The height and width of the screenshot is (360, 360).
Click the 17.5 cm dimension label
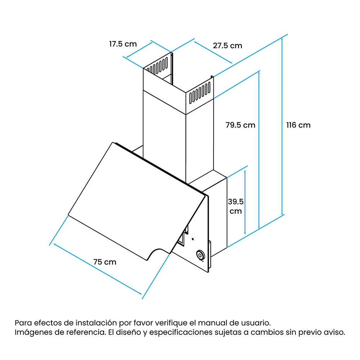pyautogui.click(x=123, y=44)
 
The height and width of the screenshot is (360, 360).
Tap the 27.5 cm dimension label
pyautogui.click(x=228, y=46)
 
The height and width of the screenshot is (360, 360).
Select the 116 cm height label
pyautogui.click(x=298, y=125)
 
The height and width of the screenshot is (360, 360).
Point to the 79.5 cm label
pyautogui.click(x=240, y=125)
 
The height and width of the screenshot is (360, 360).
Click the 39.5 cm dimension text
pyautogui.click(x=236, y=206)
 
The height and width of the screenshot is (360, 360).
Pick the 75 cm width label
pyautogui.click(x=105, y=262)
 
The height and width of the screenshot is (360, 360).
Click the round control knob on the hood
pyautogui.click(x=201, y=255)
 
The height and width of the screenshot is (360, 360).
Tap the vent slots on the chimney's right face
pyautogui.click(x=199, y=93)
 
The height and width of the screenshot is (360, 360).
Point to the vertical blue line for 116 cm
pyautogui.click(x=282, y=127)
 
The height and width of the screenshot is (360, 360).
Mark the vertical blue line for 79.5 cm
pyautogui.click(x=259, y=150)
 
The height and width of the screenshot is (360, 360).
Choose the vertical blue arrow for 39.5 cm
pyautogui.click(x=245, y=202)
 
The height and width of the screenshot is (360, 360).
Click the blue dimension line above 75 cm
pyautogui.click(x=98, y=269)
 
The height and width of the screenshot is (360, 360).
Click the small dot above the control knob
pyautogui.click(x=193, y=239)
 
